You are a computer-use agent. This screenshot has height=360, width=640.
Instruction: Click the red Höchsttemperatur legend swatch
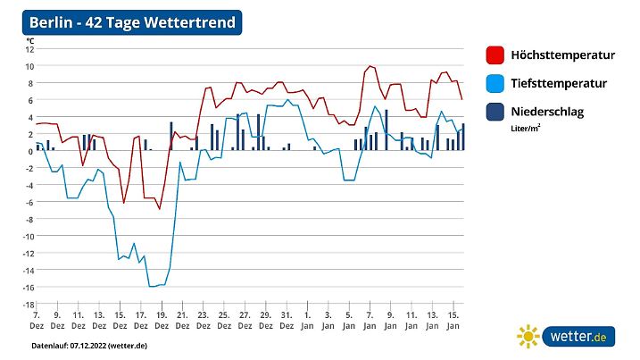tap(495, 55)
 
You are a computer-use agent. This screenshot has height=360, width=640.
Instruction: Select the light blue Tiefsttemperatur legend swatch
tap(495, 83)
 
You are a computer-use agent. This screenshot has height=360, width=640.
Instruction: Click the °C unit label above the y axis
tap(29, 40)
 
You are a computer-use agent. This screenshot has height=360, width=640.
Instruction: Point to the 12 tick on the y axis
tap(29, 49)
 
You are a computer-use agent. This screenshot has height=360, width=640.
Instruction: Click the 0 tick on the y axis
tap(30, 151)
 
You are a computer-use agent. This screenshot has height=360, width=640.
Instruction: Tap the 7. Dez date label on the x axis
tap(37, 320)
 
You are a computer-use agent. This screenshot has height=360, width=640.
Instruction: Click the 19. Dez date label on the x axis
tap(161, 320)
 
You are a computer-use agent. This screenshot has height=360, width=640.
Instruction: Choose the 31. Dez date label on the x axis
tap(286, 320)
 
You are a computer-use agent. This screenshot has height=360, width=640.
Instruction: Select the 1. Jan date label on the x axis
tap(306, 320)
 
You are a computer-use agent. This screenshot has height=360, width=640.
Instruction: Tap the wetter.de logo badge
tap(578, 337)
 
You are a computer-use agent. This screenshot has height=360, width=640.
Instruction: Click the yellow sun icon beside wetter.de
tap(528, 337)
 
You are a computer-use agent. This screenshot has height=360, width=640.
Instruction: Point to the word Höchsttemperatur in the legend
tap(562, 55)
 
